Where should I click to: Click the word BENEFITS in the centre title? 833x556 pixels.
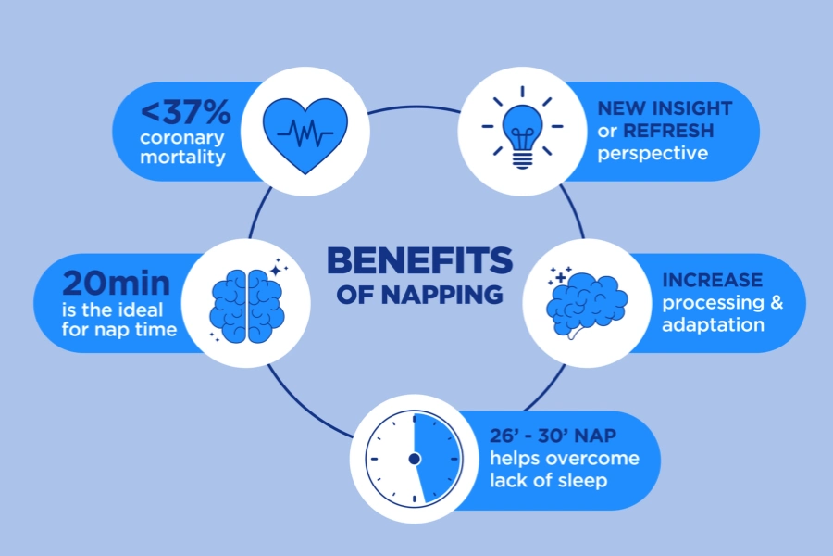point(419,260)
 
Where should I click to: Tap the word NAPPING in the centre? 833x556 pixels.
point(442,295)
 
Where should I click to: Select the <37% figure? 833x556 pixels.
point(185,112)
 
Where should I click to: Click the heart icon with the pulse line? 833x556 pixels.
point(305,135)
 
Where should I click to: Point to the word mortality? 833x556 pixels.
point(182,157)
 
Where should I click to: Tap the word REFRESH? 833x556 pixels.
point(668,131)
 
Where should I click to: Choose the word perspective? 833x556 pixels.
point(653,153)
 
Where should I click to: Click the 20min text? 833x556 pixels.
point(116,283)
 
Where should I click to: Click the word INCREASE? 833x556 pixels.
point(713,280)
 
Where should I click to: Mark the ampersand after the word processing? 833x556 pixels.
point(777,302)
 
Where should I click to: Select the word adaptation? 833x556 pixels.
point(713,324)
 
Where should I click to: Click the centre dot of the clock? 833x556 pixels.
point(415,459)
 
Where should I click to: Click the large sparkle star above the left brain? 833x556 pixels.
point(276,271)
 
